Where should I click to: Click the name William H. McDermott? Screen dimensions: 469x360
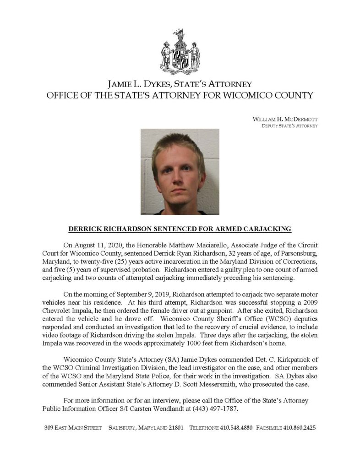tap(285, 119)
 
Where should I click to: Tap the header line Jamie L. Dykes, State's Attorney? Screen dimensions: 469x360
tap(180, 84)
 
